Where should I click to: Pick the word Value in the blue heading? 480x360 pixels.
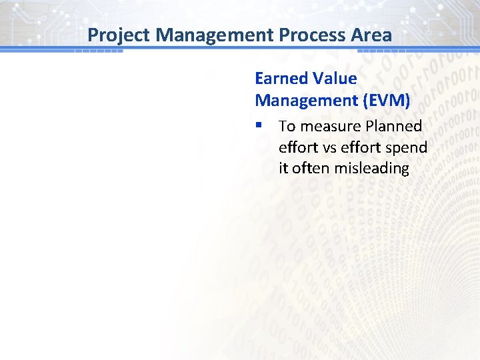(335, 79)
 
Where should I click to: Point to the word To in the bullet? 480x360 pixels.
(287, 126)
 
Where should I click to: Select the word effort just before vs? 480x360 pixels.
(297, 147)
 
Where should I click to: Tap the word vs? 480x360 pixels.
(329, 147)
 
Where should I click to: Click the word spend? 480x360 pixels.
(407, 147)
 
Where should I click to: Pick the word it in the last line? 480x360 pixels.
(283, 169)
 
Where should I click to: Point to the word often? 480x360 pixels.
(311, 169)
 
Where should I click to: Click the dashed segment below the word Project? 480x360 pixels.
(98, 51)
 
